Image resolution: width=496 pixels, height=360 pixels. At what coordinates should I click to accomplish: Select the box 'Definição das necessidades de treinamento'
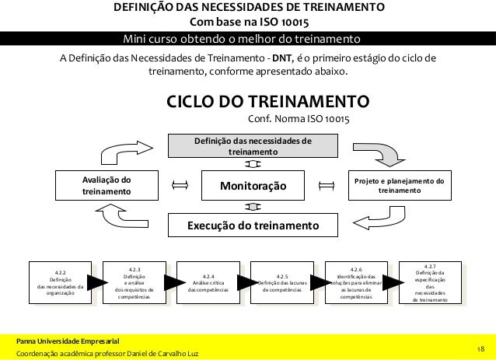(x=254, y=146)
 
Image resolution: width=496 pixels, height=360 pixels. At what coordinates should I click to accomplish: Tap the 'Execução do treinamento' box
(x=254, y=225)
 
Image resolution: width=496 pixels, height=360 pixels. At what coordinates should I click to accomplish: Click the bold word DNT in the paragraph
(x=278, y=58)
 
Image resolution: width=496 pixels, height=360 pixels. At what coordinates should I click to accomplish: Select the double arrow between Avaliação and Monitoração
(x=180, y=186)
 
